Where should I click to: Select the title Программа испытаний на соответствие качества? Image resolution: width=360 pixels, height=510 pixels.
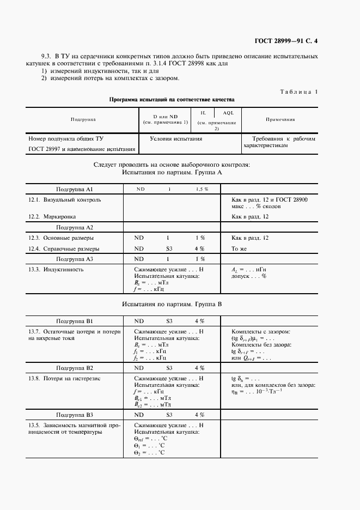point(172,100)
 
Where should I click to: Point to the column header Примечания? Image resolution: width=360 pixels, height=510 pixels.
point(280,119)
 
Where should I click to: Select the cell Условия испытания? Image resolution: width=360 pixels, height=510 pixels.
point(176,139)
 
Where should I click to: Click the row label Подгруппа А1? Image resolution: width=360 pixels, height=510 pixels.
point(75,189)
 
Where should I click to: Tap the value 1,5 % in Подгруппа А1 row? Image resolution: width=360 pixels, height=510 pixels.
point(202,189)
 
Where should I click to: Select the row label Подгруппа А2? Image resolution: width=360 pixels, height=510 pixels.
point(75,227)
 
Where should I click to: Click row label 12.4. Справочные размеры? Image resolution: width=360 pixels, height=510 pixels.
point(64,249)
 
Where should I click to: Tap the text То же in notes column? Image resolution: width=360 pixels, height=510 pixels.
point(239,249)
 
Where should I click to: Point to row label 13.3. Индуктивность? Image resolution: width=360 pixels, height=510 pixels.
point(56,270)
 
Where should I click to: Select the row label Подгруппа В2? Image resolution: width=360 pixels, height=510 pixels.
point(75,368)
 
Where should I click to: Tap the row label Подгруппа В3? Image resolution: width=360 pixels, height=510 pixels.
point(75,415)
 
